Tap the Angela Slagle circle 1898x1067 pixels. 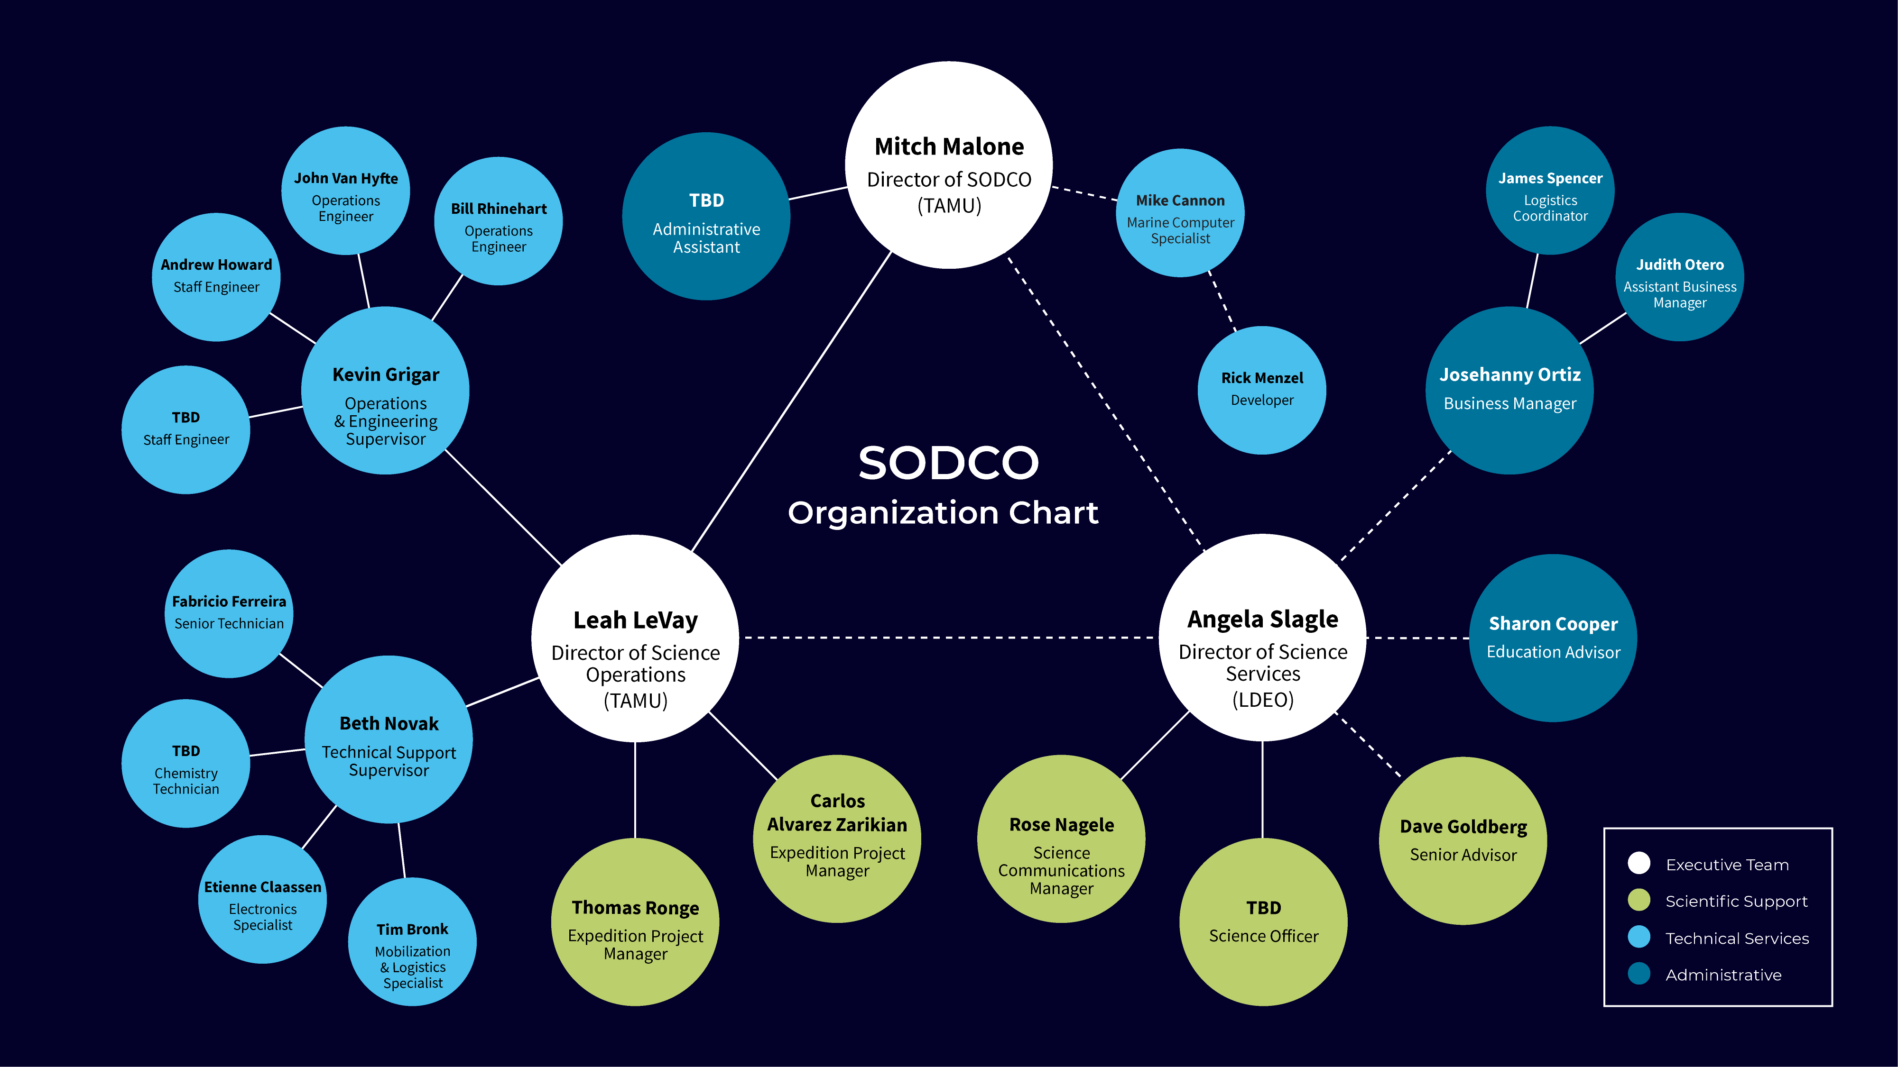(1262, 638)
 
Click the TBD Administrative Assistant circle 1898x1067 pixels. (706, 217)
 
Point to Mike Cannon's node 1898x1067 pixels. (1180, 213)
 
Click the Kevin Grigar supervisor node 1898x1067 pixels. (385, 390)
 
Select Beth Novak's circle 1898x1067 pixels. (389, 739)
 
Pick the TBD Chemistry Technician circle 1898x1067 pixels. (185, 764)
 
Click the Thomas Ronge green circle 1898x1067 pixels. (635, 922)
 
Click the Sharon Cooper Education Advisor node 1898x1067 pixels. (1553, 638)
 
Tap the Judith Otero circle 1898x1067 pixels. (1679, 277)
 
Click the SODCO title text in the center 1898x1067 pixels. (948, 463)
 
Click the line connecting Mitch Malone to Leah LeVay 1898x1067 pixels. (792, 401)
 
